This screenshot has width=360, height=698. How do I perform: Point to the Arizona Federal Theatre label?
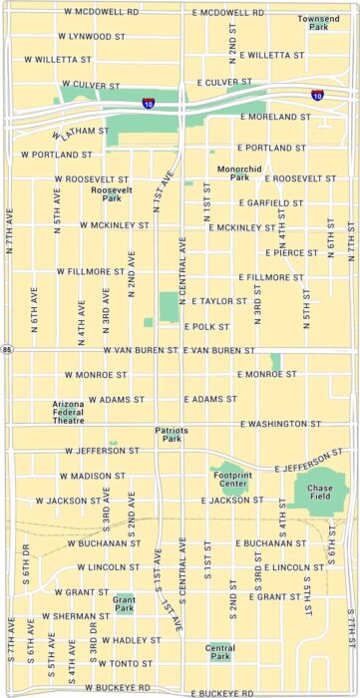(x=69, y=413)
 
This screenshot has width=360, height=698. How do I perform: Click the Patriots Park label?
(x=172, y=434)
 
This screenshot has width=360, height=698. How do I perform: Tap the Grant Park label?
(x=124, y=603)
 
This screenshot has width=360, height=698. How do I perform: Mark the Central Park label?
(x=219, y=652)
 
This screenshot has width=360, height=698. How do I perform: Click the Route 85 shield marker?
(x=7, y=350)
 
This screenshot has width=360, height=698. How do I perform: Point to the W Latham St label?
(x=81, y=132)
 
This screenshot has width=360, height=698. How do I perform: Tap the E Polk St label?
(x=206, y=326)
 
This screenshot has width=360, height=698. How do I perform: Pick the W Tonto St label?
(x=111, y=663)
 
